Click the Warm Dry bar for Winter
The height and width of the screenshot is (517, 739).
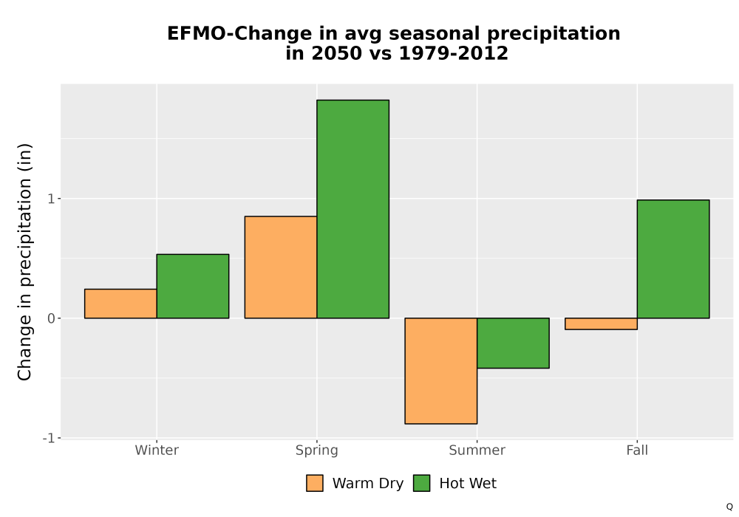tap(120, 304)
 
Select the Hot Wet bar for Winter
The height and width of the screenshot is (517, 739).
tap(193, 287)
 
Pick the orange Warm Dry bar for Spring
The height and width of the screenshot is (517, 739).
tap(281, 267)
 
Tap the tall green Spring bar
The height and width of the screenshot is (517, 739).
tap(353, 209)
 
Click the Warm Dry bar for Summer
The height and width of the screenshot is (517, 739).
tap(441, 371)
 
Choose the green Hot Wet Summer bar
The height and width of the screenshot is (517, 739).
tap(514, 343)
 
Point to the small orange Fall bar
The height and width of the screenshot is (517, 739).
tap(601, 324)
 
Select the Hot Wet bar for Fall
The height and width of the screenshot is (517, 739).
tap(673, 259)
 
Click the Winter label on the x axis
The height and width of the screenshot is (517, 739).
tap(157, 450)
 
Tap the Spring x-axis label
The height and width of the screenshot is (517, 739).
tap(317, 451)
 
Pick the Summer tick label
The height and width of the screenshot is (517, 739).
tap(477, 450)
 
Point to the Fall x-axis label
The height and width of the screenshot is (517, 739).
tap(637, 450)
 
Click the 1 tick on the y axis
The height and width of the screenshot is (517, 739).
tap(52, 199)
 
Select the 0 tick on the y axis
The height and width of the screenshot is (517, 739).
tap(52, 318)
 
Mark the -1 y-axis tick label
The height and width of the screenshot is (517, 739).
tap(49, 438)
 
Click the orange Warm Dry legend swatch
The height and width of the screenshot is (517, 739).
tap(315, 483)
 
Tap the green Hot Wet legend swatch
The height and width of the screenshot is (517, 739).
tap(422, 483)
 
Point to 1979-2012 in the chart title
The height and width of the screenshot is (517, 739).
tap(454, 52)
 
